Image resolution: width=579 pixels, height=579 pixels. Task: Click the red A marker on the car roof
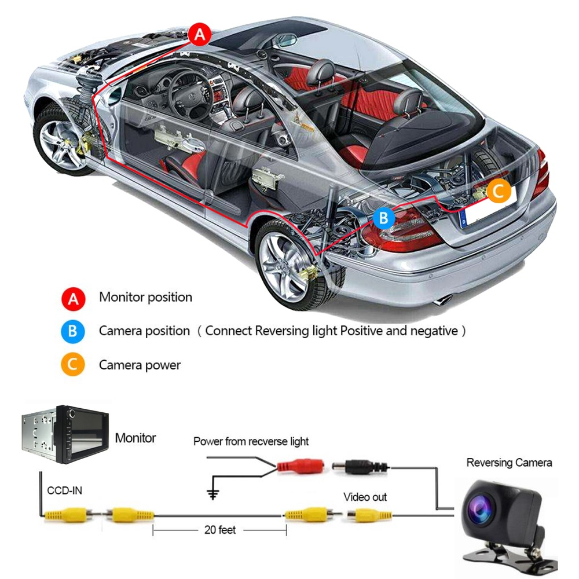point(199,34)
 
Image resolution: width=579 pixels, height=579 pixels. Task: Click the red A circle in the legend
point(74,299)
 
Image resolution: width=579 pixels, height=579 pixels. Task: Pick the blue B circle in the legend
point(74,332)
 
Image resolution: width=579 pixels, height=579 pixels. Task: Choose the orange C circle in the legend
point(74,365)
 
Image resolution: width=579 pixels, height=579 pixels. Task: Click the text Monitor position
point(145,298)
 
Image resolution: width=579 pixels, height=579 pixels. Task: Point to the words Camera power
point(140,365)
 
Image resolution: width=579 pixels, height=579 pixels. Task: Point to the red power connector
point(300,466)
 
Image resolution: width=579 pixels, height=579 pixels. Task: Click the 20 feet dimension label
point(220,530)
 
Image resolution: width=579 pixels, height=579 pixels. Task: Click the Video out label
point(365,497)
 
